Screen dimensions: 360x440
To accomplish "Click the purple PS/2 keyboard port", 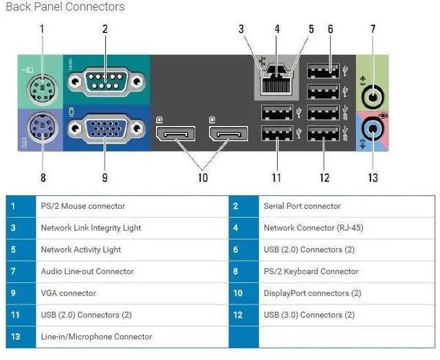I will pos(41,128).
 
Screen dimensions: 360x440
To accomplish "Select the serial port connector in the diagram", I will pos(105,82).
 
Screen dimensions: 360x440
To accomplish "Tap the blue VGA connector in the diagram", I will pos(105,128).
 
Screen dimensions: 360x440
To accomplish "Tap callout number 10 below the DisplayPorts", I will pos(202,178).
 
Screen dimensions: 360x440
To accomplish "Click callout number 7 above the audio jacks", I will pos(373,29).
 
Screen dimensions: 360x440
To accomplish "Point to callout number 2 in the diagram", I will pos(105,29).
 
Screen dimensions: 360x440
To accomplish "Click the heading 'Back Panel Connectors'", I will pos(65,7).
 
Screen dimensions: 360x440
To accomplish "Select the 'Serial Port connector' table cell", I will pos(302,206).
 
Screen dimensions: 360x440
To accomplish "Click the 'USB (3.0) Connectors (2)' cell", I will pos(309,315).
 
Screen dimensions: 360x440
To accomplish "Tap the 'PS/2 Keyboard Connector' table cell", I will pos(311,271).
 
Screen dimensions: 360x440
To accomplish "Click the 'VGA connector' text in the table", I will pos(68,293).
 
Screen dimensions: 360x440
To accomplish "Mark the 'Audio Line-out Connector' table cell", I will pos(87,271).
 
